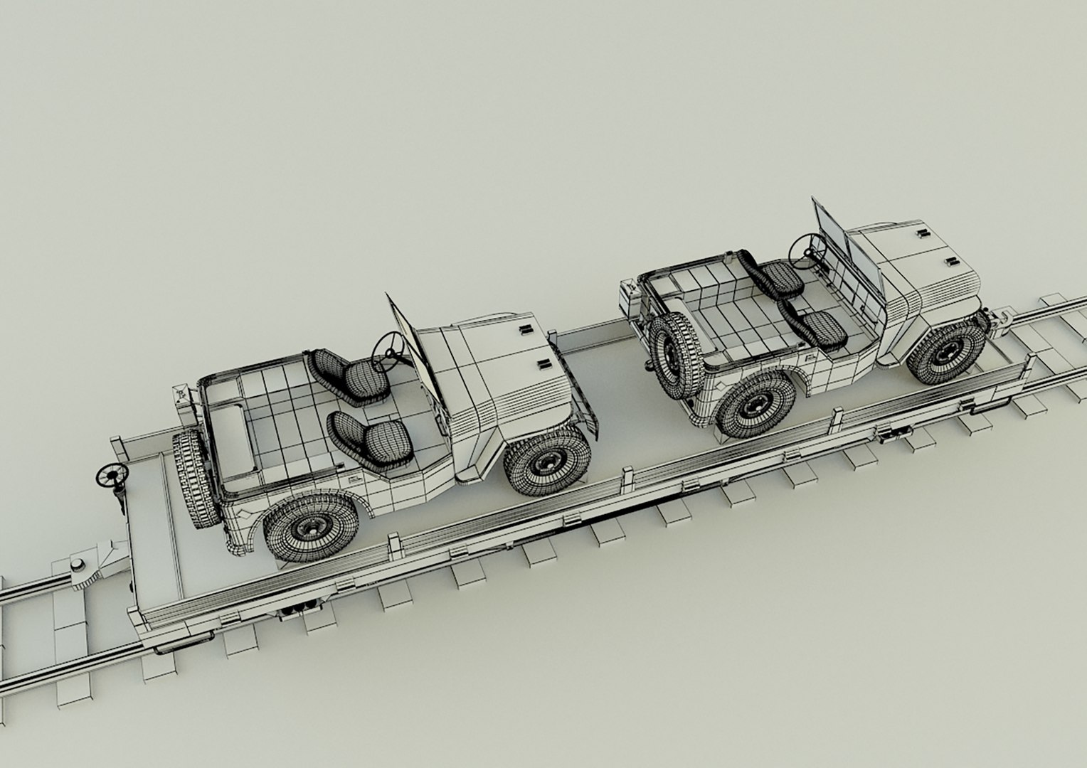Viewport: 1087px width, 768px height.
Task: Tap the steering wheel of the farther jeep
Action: (806, 247)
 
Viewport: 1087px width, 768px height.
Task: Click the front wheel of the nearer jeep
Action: (546, 462)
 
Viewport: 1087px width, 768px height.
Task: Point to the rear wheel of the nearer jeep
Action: (312, 528)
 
